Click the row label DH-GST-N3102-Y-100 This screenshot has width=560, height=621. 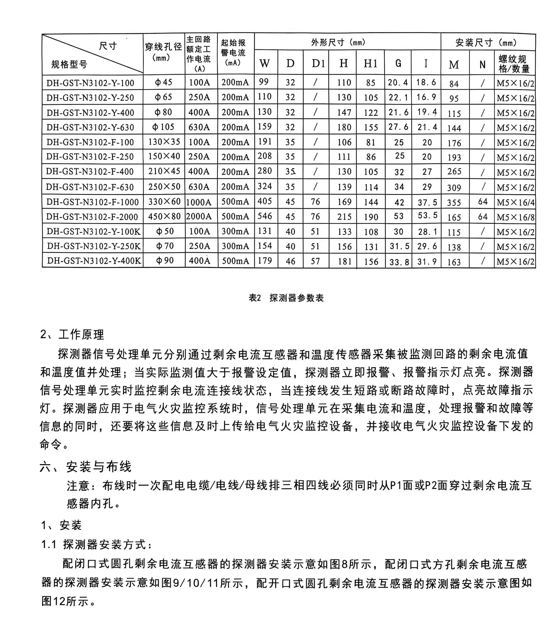[90, 83]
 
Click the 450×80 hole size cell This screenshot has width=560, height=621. [164, 216]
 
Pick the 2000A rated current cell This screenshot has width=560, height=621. [199, 217]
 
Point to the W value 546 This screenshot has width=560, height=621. [265, 216]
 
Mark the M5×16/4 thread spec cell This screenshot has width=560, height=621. [515, 202]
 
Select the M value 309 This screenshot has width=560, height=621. [454, 188]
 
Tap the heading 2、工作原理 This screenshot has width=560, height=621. [72, 334]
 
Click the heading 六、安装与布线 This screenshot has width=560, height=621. [86, 467]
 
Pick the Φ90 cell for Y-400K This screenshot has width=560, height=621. [165, 261]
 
